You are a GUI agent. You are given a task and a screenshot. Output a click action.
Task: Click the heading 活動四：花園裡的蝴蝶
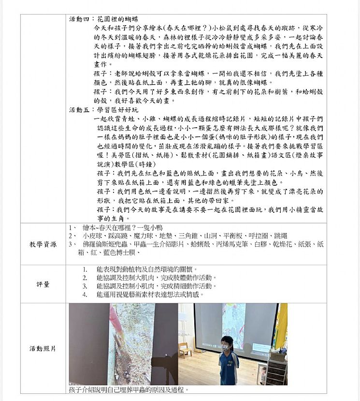tap(104, 19)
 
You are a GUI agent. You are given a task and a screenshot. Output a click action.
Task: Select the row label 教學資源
tap(43, 244)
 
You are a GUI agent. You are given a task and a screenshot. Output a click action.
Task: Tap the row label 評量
tap(43, 284)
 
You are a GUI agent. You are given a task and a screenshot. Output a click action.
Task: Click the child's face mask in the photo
tap(225, 347)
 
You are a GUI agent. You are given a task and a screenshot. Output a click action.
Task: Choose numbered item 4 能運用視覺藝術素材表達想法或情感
tap(150, 294)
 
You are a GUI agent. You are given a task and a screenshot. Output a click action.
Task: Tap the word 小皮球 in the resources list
tap(92, 236)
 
